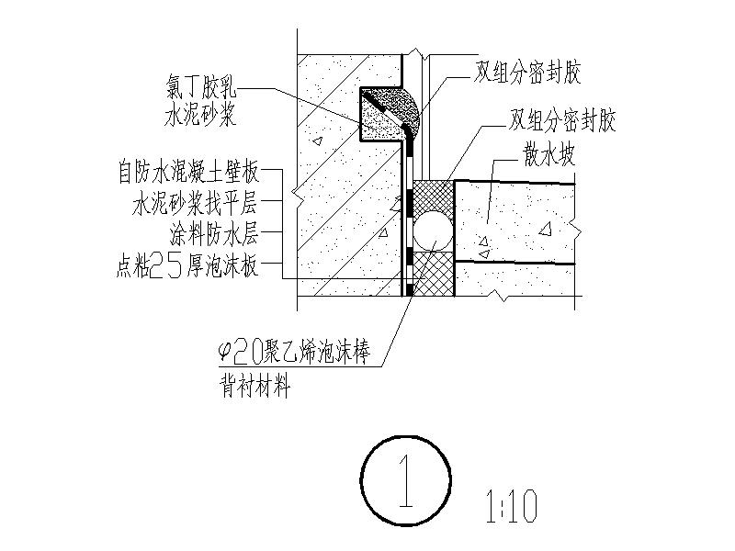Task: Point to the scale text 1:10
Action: point(508,506)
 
